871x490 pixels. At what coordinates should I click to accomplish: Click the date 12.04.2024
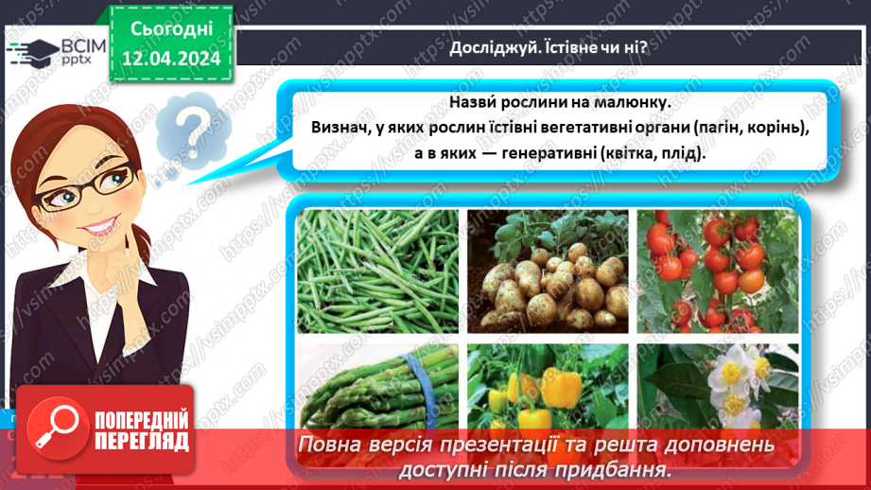(x=170, y=60)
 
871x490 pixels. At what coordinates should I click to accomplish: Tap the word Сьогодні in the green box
(x=171, y=30)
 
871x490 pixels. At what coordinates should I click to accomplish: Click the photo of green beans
(x=375, y=271)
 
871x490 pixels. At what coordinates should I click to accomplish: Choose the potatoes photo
(x=545, y=271)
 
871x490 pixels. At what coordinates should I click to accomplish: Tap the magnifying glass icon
(x=55, y=426)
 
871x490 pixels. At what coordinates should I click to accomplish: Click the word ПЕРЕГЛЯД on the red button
(x=143, y=441)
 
